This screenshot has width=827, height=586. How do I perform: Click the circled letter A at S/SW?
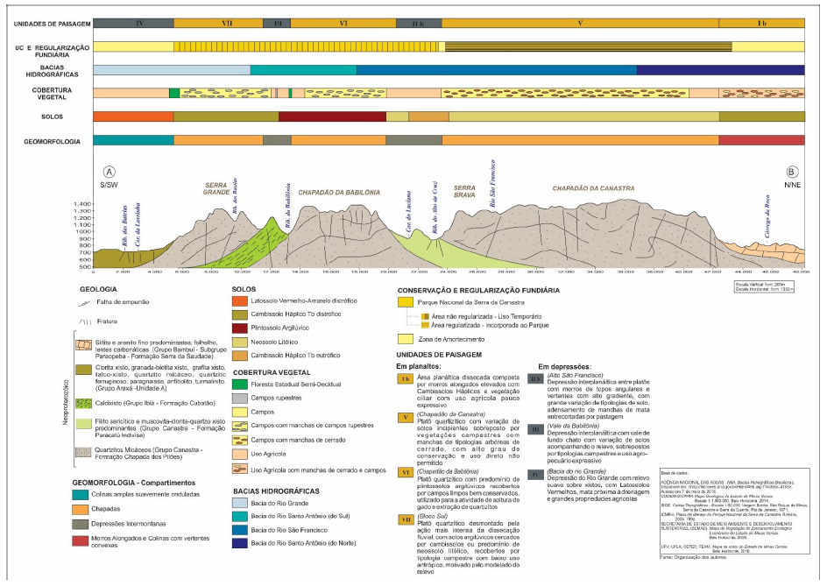pyautogui.click(x=110, y=172)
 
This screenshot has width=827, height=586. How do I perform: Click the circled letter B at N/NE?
pyautogui.click(x=792, y=172)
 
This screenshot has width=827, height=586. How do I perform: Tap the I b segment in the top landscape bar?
pyautogui.click(x=760, y=22)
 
